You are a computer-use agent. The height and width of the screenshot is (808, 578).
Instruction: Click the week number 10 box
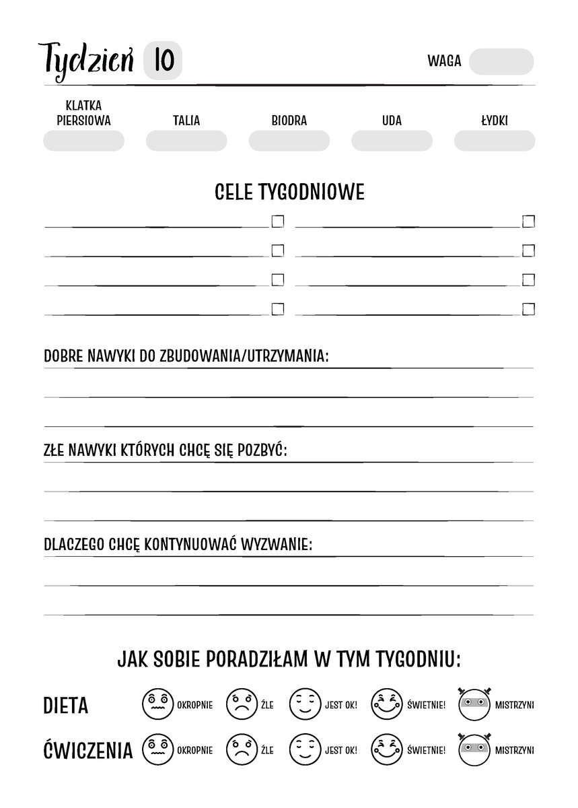pos(164,61)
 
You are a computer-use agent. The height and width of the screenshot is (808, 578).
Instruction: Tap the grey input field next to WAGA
pos(501,61)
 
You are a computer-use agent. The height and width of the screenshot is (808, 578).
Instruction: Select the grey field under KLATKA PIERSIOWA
pos(83,141)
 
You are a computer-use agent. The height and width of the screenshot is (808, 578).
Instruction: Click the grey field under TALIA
pos(186,141)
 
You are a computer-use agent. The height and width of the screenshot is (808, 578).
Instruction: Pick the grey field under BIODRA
pos(289,141)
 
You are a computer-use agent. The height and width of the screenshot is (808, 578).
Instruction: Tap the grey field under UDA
pos(392,141)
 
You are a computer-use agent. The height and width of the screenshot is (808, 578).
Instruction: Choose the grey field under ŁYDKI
pos(495,141)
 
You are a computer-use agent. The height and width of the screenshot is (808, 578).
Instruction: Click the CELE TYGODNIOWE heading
pos(289,193)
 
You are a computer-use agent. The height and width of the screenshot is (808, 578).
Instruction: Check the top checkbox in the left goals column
pos(277,222)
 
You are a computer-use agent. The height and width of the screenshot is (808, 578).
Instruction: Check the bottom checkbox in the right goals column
pos(528,309)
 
